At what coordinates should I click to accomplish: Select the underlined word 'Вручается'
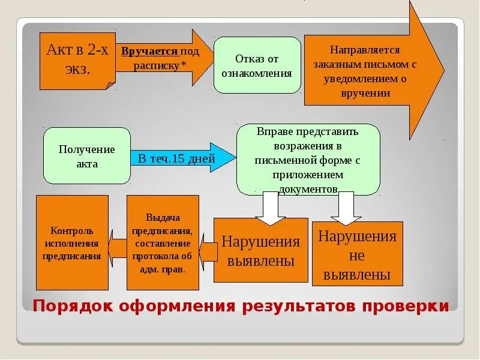click(149, 52)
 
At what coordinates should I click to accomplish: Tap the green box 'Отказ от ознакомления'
click(257, 65)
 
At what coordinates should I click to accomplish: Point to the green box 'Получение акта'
click(87, 156)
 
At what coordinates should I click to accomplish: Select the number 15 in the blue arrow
click(179, 159)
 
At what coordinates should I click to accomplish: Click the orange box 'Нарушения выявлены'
click(260, 251)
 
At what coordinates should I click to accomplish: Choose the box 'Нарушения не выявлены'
click(357, 254)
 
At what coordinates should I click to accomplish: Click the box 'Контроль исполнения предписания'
click(72, 243)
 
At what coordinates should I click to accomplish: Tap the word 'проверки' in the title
click(414, 306)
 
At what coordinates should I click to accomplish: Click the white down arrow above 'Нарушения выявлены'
click(271, 208)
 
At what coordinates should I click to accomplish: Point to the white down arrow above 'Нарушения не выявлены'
click(346, 206)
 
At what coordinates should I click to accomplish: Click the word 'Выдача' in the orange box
click(163, 218)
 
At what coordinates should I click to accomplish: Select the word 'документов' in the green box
click(307, 188)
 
